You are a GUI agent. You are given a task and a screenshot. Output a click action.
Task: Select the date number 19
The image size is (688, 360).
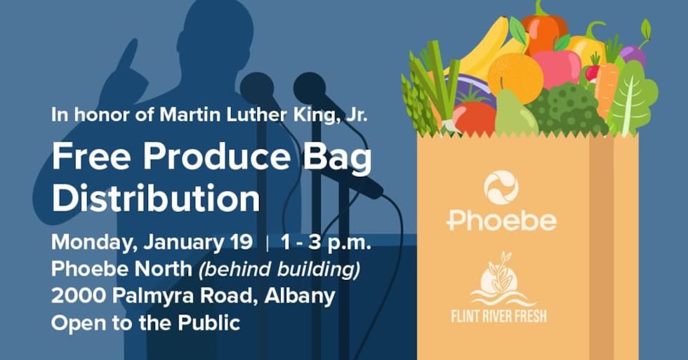[240, 243]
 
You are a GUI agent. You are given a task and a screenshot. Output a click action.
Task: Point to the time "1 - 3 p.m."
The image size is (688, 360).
[326, 243]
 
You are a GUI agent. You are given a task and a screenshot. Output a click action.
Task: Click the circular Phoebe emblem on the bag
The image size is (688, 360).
[501, 187]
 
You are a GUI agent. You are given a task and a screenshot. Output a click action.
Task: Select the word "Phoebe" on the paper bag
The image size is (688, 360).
[501, 220]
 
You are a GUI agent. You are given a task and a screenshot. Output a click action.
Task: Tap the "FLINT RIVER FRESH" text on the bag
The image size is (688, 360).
[498, 314]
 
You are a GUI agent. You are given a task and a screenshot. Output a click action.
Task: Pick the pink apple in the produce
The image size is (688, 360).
[558, 67]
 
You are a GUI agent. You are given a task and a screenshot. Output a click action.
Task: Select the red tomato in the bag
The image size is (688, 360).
[475, 116]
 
